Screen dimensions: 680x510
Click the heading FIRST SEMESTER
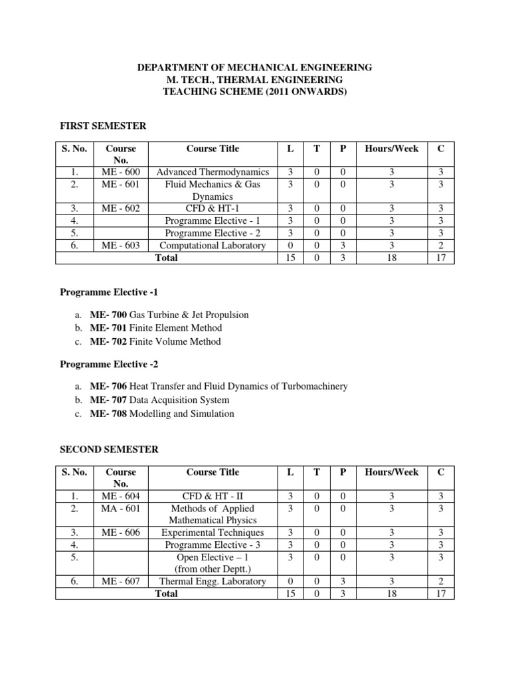pos(103,126)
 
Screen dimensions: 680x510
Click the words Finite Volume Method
pos(175,341)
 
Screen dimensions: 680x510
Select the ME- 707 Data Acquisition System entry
pos(159,400)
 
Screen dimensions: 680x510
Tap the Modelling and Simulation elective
pos(182,414)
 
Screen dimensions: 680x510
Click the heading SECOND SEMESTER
pos(109,450)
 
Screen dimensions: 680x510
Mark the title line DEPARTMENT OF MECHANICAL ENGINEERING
pos(255,68)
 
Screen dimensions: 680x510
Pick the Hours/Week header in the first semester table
pos(392,149)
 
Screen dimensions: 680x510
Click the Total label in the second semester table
pos(166,593)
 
